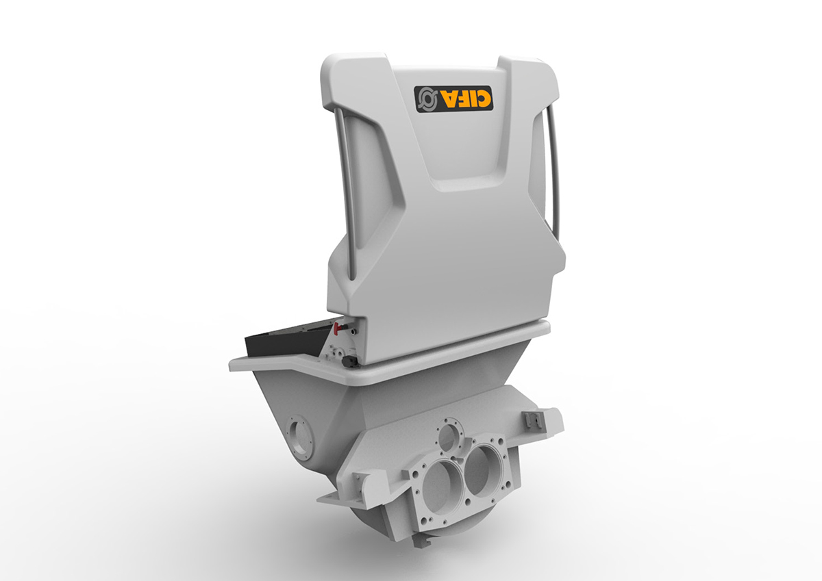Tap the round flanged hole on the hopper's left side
pyautogui.click(x=299, y=435)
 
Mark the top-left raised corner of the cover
pyautogui.click(x=336, y=68)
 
